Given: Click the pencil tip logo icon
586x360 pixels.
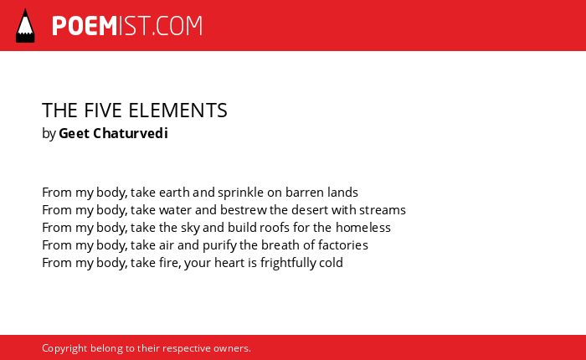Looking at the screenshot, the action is (x=25, y=26).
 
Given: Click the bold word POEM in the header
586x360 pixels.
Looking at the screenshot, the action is (x=85, y=26).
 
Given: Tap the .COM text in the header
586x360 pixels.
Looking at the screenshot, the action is (x=177, y=26).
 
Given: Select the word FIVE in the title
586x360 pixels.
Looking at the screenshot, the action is (x=103, y=111).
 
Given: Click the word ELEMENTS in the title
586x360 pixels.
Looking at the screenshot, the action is (x=177, y=111).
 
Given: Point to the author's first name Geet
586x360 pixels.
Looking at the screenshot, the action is (x=74, y=133).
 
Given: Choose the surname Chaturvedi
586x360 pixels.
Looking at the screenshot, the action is (x=131, y=133).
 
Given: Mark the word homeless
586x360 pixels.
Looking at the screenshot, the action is (x=362, y=227).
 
